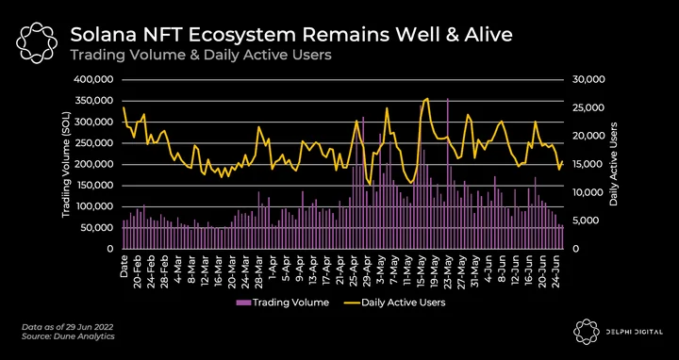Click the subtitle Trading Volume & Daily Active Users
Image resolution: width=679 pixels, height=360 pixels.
click(x=201, y=55)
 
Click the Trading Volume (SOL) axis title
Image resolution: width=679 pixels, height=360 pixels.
click(x=67, y=165)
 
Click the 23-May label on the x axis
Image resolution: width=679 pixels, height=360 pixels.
click(x=448, y=270)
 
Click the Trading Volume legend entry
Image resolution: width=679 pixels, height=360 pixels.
click(x=282, y=303)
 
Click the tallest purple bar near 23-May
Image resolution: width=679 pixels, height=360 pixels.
click(x=448, y=173)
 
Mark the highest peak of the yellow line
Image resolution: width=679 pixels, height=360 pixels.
click(x=428, y=99)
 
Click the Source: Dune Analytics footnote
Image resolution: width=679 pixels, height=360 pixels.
click(x=68, y=336)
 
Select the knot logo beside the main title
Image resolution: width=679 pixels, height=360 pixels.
click(x=37, y=43)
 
